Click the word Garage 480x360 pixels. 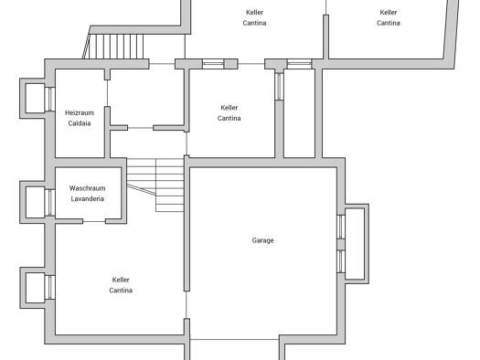(262, 240)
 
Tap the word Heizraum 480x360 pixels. (80, 112)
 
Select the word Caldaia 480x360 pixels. (80, 123)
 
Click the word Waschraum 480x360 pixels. (87, 188)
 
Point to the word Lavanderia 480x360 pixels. (87, 199)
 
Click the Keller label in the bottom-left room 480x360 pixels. (121, 280)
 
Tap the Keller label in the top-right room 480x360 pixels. (389, 12)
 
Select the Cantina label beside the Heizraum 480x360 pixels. (229, 118)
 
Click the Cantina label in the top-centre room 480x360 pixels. (254, 23)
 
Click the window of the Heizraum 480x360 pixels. (50, 99)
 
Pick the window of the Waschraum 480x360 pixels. (50, 203)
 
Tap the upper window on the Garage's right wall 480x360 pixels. (341, 227)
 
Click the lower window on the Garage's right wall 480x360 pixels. (341, 261)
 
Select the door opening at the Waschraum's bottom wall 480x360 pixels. (94, 221)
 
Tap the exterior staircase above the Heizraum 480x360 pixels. (113, 47)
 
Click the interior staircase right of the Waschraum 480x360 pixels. (155, 185)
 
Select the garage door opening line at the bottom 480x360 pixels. (234, 339)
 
